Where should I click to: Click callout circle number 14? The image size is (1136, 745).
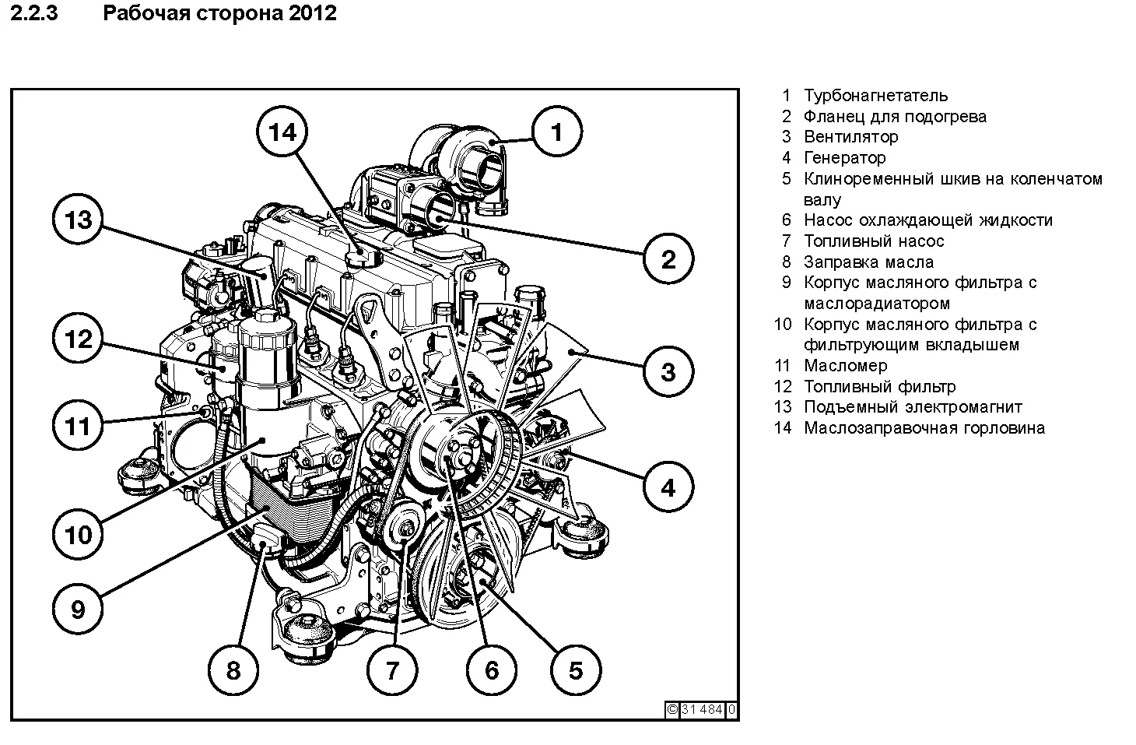click(282, 133)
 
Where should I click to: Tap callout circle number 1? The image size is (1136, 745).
click(556, 133)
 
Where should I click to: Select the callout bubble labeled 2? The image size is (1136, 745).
click(668, 259)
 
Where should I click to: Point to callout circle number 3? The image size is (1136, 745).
click(668, 371)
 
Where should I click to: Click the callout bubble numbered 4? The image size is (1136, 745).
click(668, 488)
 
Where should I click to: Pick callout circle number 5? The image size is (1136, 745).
click(575, 670)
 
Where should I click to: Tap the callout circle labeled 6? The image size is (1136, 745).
click(491, 670)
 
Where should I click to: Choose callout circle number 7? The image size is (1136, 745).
click(391, 670)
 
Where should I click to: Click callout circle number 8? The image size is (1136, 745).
click(233, 670)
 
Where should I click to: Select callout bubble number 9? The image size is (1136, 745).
click(78, 608)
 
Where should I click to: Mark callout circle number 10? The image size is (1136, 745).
click(78, 535)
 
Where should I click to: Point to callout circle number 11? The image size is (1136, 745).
click(78, 426)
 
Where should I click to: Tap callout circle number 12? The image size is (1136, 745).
click(78, 339)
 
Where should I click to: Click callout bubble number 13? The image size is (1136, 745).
click(78, 220)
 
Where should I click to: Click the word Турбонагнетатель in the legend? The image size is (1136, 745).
click(875, 96)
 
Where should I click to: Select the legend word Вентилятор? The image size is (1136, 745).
click(850, 137)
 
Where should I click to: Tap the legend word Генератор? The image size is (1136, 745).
click(844, 158)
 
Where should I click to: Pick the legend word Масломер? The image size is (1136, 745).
click(845, 366)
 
